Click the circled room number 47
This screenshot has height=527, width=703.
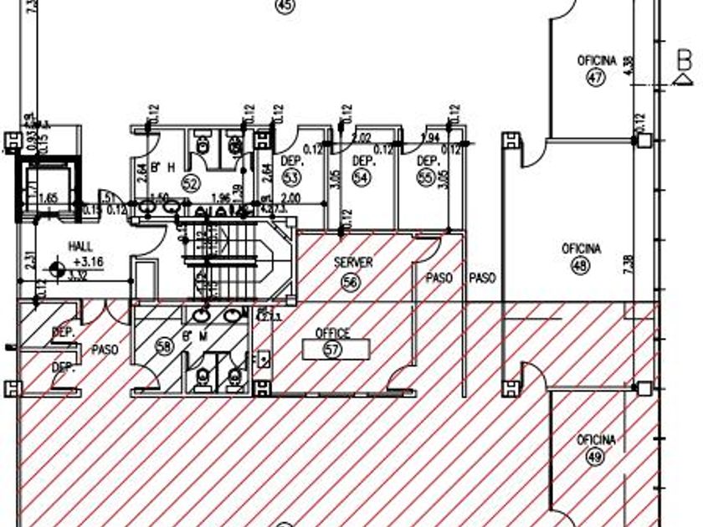click(x=596, y=78)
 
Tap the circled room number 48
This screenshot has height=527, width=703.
click(x=580, y=266)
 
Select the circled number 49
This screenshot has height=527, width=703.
click(x=596, y=457)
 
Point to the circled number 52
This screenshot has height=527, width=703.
click(x=190, y=183)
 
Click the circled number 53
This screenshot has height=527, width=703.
click(x=291, y=177)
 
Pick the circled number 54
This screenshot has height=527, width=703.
click(x=362, y=177)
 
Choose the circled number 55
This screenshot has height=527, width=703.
click(x=427, y=177)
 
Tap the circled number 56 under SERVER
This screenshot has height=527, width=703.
click(x=350, y=283)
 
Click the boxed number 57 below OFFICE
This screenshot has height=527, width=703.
click(x=333, y=350)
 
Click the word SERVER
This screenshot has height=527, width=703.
click(x=353, y=263)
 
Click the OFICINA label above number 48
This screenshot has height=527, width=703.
click(x=581, y=249)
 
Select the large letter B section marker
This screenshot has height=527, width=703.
click(x=684, y=60)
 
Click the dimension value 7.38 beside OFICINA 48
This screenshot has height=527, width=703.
click(x=628, y=265)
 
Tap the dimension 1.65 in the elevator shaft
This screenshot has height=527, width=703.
click(x=47, y=197)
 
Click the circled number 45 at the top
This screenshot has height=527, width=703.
click(x=286, y=7)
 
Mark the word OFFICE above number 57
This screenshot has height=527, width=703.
click(x=332, y=334)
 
